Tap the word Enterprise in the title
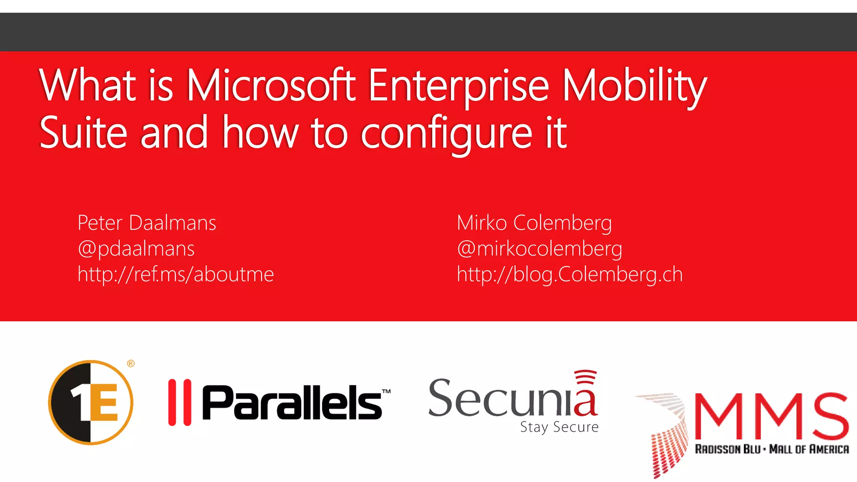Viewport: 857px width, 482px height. pos(458,85)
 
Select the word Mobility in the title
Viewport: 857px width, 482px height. pos(634,85)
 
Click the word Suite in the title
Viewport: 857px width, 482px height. pos(83,133)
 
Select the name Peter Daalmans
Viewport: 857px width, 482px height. pos(147,223)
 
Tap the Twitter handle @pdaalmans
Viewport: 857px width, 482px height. pos(136,249)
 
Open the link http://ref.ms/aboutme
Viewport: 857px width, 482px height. pos(176,274)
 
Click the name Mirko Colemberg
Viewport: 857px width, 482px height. pos(534,223)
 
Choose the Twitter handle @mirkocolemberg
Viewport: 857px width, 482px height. pos(539,249)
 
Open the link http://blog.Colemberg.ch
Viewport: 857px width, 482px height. pos(570,274)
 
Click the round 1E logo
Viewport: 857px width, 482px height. pos(91,402)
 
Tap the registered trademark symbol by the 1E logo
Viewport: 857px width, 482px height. pos(131,364)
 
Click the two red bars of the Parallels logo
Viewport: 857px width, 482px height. pos(180,402)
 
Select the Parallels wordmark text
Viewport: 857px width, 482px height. pos(292,402)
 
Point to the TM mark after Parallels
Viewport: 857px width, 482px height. pos(386,392)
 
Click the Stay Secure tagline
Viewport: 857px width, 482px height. pos(559,427)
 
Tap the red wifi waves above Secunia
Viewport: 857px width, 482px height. pos(585,377)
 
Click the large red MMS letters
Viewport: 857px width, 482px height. pos(772,415)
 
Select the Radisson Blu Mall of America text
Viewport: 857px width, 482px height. pos(772,449)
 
